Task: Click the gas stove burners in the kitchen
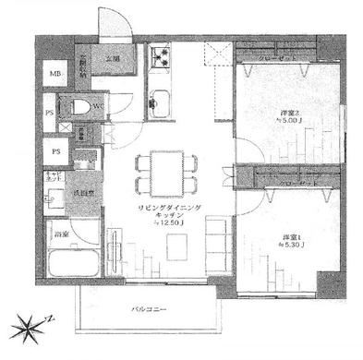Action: coord(162,64)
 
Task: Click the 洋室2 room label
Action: coord(290,115)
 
